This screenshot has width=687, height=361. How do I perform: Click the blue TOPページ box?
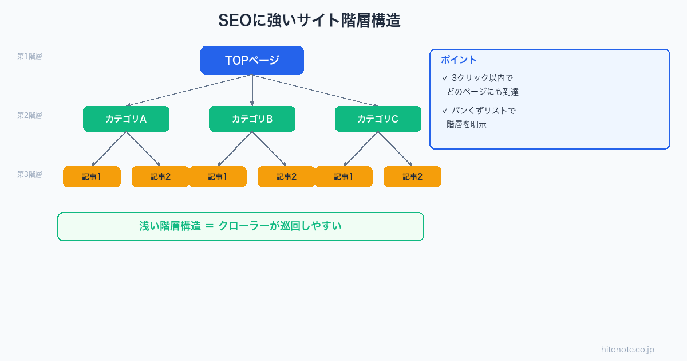tap(252, 60)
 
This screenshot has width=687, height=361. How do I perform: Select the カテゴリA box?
tap(126, 119)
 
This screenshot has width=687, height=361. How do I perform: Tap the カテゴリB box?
tap(252, 119)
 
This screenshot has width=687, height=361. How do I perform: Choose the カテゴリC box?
tap(378, 119)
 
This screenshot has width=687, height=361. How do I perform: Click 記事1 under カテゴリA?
tap(92, 177)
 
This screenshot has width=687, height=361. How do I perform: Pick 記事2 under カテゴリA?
tap(160, 177)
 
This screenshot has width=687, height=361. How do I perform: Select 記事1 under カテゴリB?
tap(218, 177)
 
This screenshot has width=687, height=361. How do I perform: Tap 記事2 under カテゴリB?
tap(286, 177)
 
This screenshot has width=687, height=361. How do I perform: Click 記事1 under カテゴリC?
tap(343, 177)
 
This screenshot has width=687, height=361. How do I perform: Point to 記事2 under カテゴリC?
tap(412, 177)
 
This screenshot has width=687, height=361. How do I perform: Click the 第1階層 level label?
tap(29, 56)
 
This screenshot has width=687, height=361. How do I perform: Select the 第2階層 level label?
tap(29, 115)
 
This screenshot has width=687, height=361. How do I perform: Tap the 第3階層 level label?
tap(29, 174)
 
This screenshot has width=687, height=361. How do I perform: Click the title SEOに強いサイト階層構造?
tap(309, 21)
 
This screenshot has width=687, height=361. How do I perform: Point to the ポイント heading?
tap(459, 60)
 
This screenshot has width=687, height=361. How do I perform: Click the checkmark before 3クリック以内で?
tap(445, 78)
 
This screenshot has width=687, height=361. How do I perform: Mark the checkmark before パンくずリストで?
tap(445, 111)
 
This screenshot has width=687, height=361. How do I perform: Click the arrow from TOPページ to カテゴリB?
tap(252, 91)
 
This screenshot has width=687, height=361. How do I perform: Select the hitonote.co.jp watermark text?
tap(627, 350)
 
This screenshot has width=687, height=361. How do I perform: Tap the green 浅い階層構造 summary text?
tap(240, 226)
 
